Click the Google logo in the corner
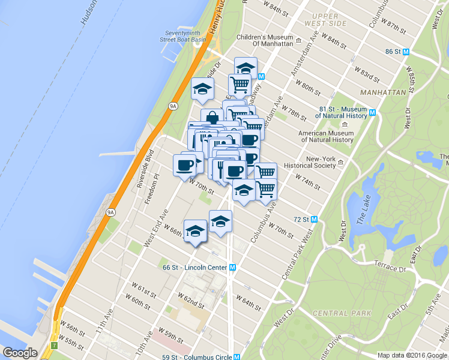(x=20, y=353)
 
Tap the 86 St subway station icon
(x=406, y=52)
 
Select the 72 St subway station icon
(x=313, y=220)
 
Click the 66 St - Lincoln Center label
(x=196, y=267)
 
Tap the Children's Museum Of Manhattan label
(x=265, y=40)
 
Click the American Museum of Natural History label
(x=326, y=136)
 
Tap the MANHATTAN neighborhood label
(x=383, y=92)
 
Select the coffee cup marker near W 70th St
(x=185, y=165)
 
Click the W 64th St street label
(x=248, y=302)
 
